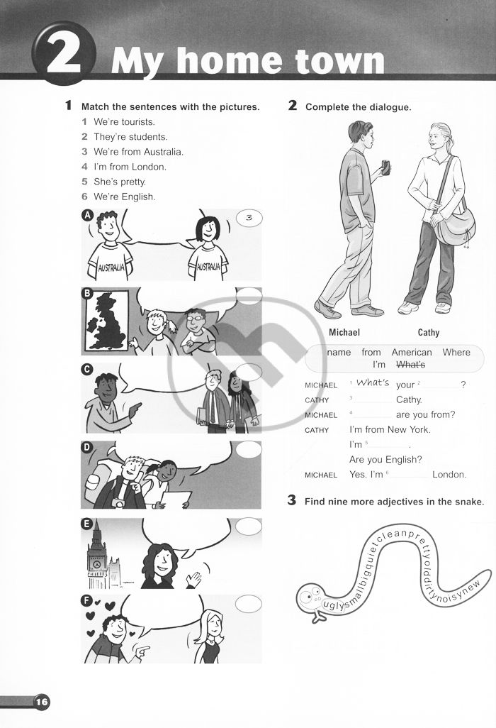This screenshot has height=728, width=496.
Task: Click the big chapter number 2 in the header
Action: tap(64, 55)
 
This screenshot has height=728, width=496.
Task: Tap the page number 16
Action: tap(42, 701)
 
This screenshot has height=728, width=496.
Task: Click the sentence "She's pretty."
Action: tap(120, 182)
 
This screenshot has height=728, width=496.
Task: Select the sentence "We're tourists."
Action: tap(124, 121)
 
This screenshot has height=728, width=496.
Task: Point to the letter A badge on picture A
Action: tap(87, 215)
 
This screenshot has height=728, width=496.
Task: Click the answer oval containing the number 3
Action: tap(249, 218)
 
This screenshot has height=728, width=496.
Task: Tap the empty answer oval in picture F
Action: tap(249, 604)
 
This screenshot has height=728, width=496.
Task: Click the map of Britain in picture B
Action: tap(106, 321)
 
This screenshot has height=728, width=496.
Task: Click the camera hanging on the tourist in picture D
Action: tap(119, 503)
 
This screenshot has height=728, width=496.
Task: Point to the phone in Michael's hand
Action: tap(385, 167)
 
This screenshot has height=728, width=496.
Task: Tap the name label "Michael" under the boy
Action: tap(344, 333)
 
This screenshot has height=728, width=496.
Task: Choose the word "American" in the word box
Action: tap(412, 353)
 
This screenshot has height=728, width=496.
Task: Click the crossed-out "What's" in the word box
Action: tap(411, 365)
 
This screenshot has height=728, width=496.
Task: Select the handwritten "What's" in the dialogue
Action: tap(373, 382)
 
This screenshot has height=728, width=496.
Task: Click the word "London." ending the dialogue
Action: tap(449, 475)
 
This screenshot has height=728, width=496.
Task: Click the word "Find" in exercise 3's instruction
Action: tap(315, 502)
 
